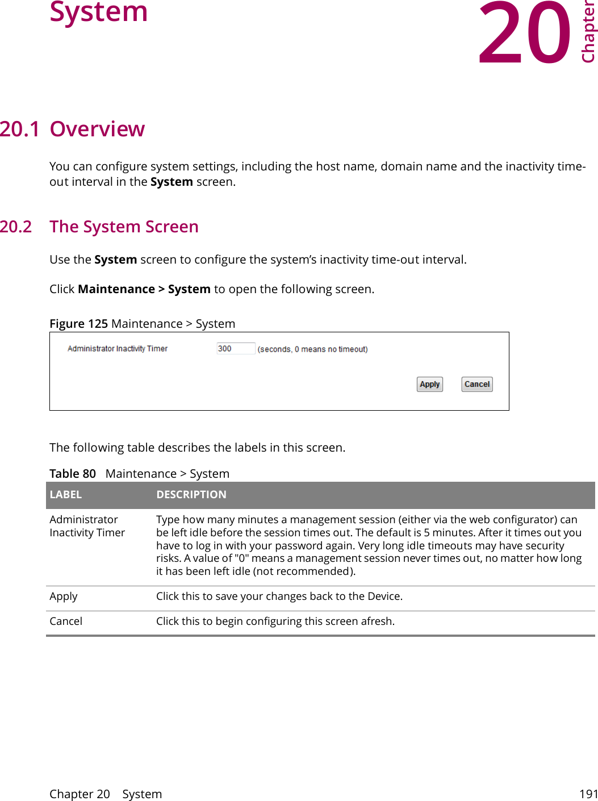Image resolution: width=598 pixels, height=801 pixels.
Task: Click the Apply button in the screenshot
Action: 430,385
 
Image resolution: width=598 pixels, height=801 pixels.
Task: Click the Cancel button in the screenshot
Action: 477,385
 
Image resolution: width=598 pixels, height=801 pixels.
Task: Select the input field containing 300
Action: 236,349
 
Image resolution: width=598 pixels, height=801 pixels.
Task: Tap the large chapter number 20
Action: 524,34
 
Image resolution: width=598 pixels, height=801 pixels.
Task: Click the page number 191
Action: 588,794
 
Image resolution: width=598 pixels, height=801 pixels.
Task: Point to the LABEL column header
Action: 66,495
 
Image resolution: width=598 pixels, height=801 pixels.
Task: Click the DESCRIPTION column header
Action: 191,495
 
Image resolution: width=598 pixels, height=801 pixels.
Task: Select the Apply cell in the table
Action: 64,596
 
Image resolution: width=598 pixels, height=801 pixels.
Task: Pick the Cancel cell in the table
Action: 66,621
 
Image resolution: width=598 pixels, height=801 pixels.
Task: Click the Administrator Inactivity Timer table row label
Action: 87,526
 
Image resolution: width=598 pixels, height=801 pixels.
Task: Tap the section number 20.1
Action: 20,130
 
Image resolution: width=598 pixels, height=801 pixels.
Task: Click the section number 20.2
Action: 16,227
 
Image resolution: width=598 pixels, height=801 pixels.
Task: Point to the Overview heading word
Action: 97,130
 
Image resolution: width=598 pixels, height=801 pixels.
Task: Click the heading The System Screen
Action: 124,227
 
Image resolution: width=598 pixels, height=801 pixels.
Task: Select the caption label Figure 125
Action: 78,324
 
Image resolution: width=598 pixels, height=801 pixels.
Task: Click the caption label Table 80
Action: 73,474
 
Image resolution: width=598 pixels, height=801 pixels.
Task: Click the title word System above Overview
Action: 99,12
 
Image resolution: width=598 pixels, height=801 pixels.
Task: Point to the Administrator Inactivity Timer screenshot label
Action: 118,349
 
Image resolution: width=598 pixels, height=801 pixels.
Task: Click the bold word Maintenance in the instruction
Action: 116,289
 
